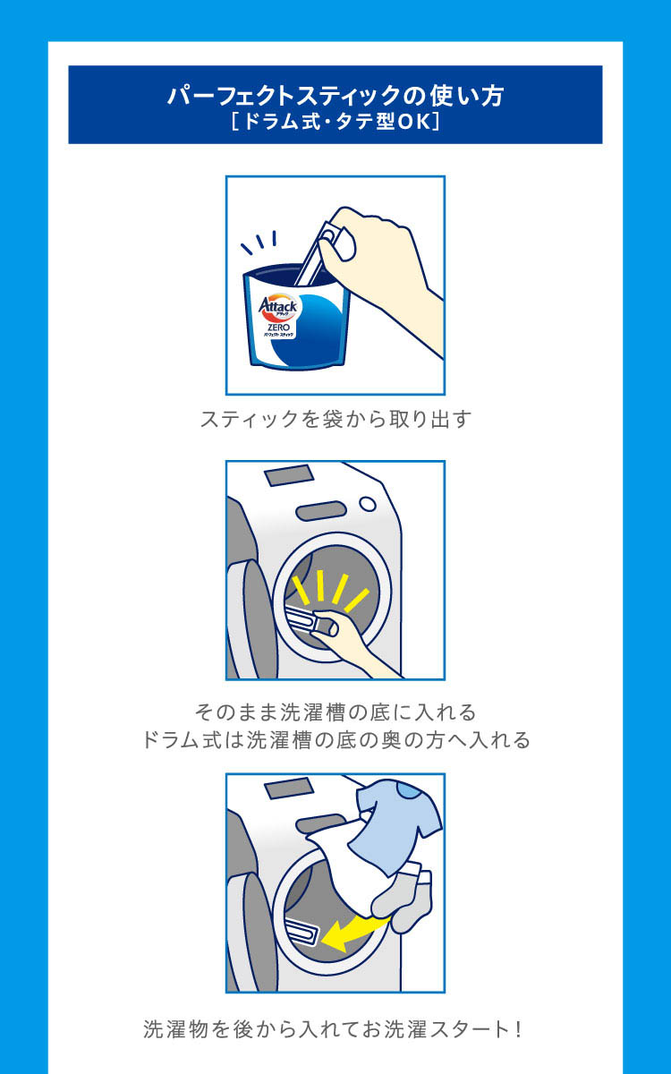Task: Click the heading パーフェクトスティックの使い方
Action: [335, 96]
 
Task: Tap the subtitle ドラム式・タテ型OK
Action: [335, 122]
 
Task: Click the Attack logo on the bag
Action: [278, 306]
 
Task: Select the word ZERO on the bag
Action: [278, 327]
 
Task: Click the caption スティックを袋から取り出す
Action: [335, 419]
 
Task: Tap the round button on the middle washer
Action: [368, 504]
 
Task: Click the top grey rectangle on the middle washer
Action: [288, 477]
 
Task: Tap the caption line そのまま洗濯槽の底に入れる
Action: [335, 712]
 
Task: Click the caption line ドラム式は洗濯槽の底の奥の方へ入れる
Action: [335, 740]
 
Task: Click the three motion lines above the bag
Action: [259, 243]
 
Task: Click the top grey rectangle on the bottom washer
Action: [288, 788]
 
